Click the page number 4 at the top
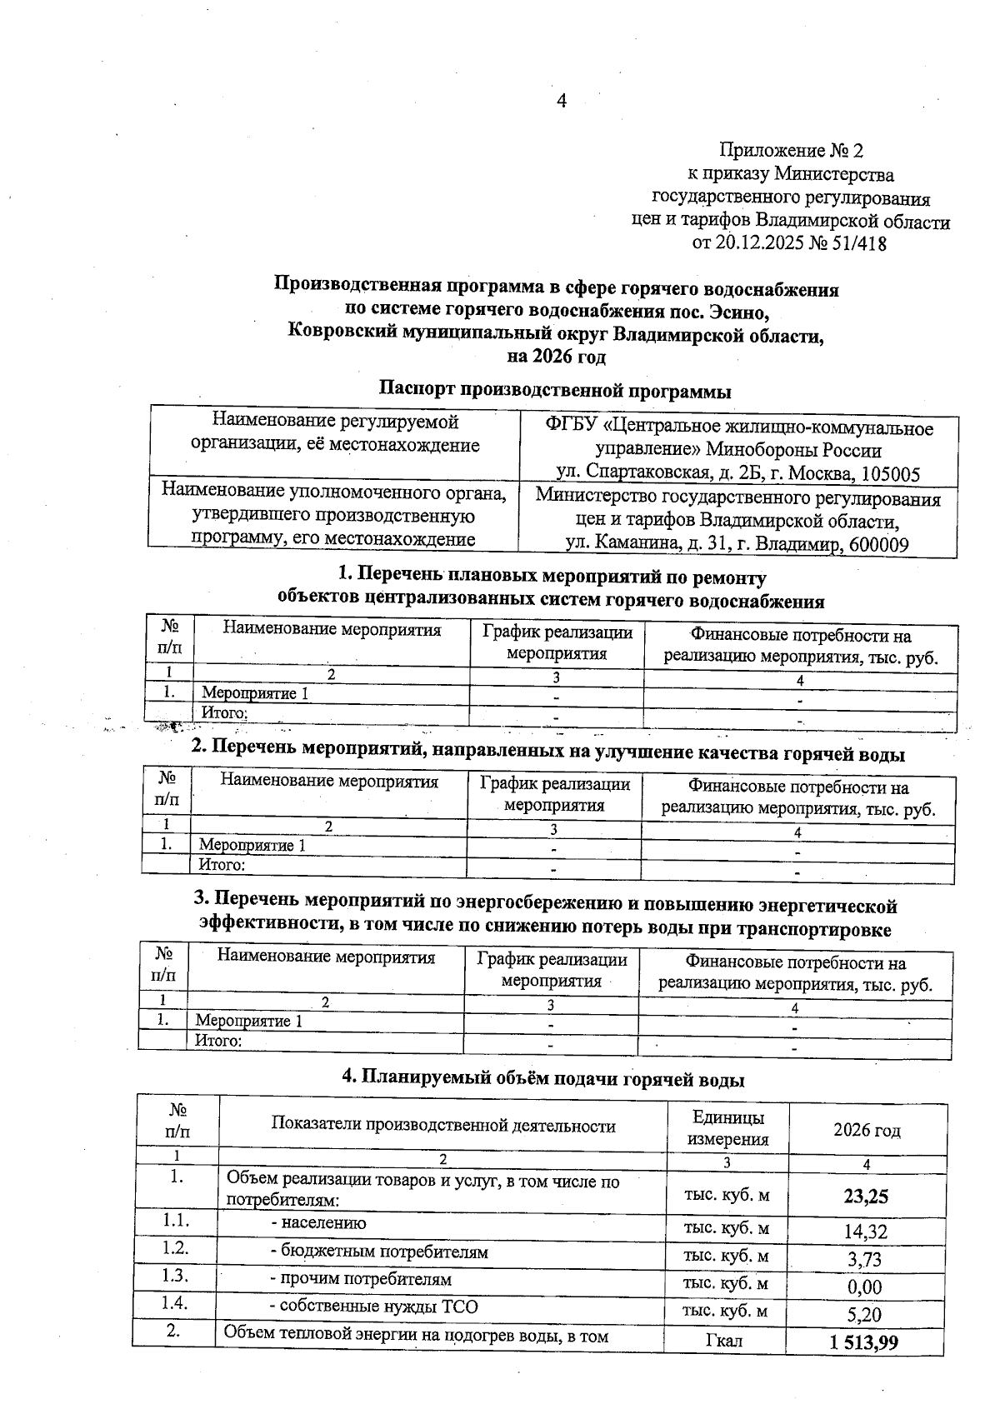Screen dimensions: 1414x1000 tap(561, 101)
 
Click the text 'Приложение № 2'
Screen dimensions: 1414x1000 tap(792, 151)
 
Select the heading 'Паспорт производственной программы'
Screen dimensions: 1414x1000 tap(555, 389)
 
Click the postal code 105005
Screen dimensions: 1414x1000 tap(890, 475)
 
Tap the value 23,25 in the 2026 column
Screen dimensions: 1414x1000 tap(866, 1197)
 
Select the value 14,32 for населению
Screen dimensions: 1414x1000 tap(866, 1232)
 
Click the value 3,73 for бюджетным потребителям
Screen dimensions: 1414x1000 tap(866, 1259)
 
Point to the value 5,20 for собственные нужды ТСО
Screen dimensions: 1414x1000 tap(866, 1315)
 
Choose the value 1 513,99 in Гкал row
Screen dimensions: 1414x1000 tap(864, 1342)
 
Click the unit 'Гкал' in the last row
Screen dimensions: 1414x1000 tap(726, 1341)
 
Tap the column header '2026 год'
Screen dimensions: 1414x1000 tap(867, 1131)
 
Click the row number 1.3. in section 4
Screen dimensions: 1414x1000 tap(176, 1277)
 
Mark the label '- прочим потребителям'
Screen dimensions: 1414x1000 tap(361, 1279)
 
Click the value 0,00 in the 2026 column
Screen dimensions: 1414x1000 tap(865, 1287)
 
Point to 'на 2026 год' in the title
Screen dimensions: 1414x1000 tap(557, 357)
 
